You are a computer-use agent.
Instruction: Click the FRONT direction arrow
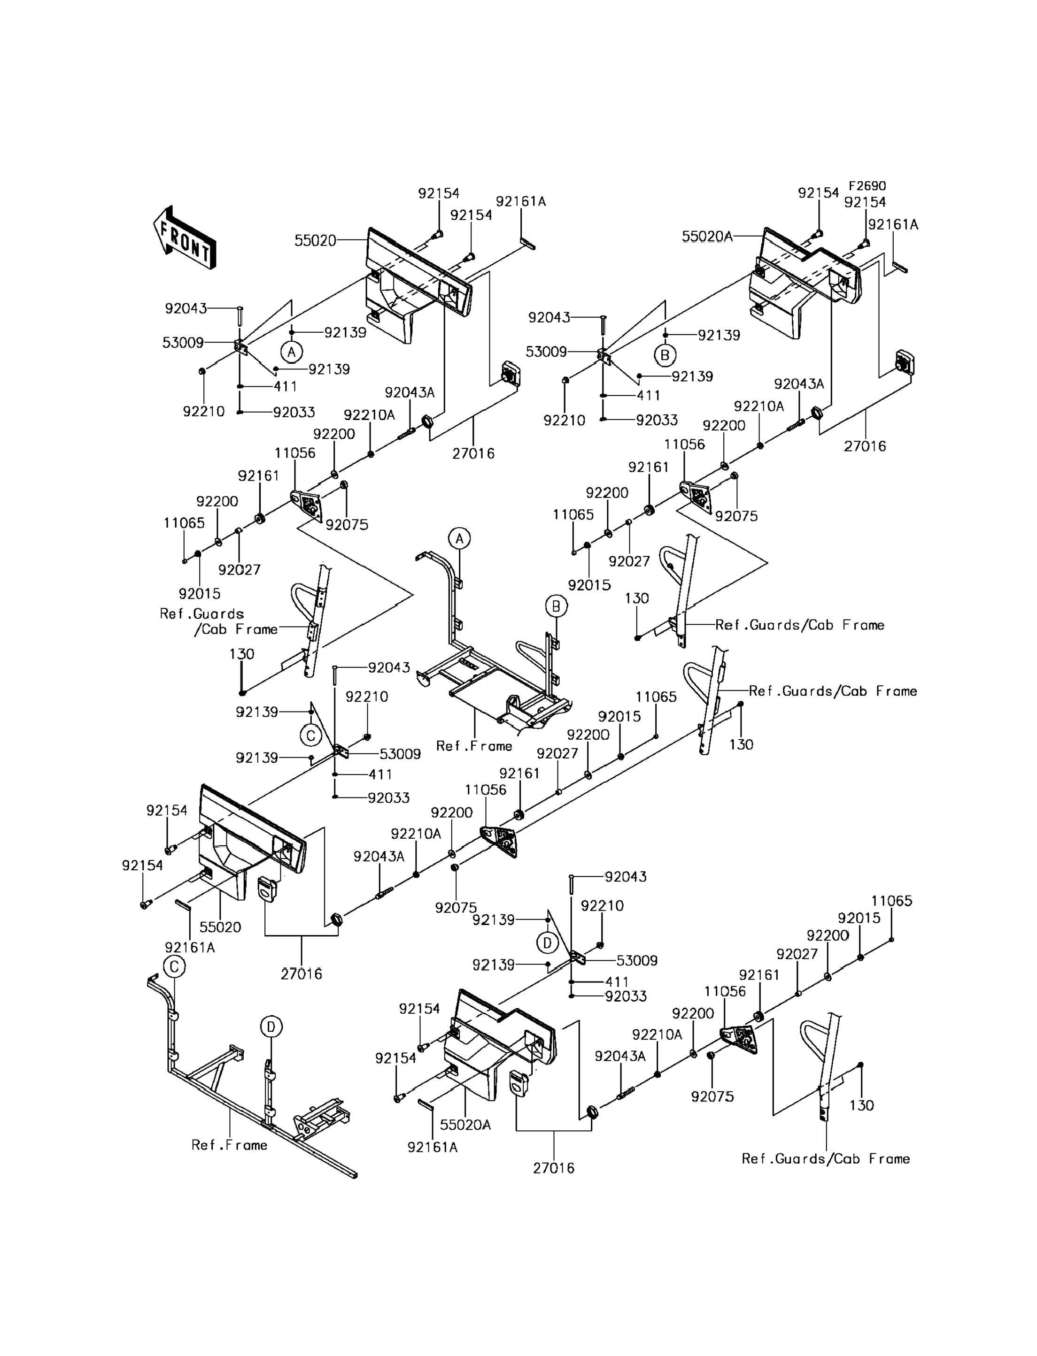pyautogui.click(x=185, y=238)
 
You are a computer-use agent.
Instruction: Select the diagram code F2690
pyautogui.click(x=867, y=186)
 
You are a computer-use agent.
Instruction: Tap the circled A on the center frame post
pyautogui.click(x=459, y=538)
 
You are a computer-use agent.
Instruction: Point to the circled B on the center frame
pyautogui.click(x=556, y=606)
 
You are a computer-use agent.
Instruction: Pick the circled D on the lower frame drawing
pyautogui.click(x=271, y=1027)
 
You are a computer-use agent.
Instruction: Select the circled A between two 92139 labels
pyautogui.click(x=291, y=352)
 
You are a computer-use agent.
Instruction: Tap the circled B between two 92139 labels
pyautogui.click(x=665, y=355)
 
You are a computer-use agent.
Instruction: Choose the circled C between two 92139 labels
pyautogui.click(x=310, y=735)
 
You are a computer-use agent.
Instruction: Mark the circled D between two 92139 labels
pyautogui.click(x=547, y=942)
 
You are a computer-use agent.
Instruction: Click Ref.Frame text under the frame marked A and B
pyautogui.click(x=474, y=746)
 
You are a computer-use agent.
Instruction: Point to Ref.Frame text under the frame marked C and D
pyautogui.click(x=229, y=1145)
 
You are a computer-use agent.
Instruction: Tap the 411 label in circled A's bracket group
pyautogui.click(x=285, y=387)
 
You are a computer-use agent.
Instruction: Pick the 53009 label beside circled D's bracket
pyautogui.click(x=637, y=960)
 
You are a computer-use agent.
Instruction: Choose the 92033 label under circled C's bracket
pyautogui.click(x=388, y=797)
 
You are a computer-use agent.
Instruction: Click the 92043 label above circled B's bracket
pyautogui.click(x=549, y=318)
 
